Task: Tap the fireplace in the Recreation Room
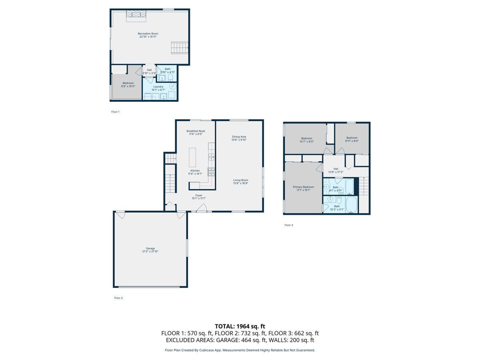[x=136, y=15]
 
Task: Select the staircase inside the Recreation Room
[x=178, y=47]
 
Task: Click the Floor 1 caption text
[x=115, y=112]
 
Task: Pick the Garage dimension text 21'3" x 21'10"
[x=150, y=252]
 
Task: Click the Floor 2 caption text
[x=118, y=298]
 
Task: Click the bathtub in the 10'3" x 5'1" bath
[x=350, y=205]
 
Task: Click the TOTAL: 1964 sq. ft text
[x=240, y=326]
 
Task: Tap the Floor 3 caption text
[x=289, y=225]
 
